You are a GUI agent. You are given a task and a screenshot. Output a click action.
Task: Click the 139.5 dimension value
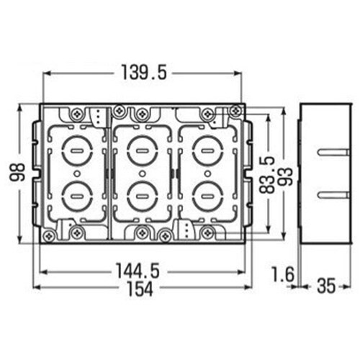[x=144, y=72]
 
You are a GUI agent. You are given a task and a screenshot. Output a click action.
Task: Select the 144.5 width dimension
[x=138, y=271]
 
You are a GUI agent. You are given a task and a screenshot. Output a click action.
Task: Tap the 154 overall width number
[x=140, y=289]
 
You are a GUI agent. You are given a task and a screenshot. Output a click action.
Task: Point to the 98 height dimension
[x=17, y=172]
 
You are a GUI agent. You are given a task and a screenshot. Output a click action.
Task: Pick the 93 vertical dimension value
[x=286, y=176]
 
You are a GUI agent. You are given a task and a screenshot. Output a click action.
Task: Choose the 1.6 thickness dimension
[x=283, y=274]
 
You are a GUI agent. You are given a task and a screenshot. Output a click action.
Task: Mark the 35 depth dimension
[x=326, y=286]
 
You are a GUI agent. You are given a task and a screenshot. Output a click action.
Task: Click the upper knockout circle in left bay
[x=77, y=150]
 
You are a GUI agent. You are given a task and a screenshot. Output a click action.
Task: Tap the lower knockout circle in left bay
[x=77, y=197]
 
